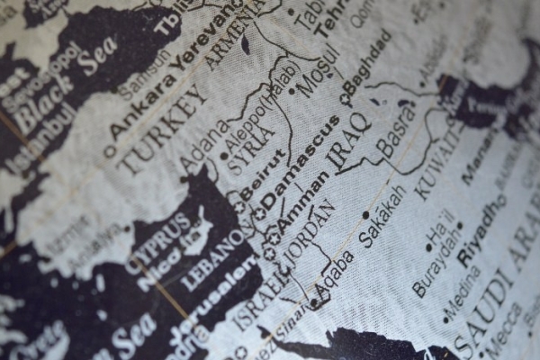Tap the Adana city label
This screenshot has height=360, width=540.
(203, 148)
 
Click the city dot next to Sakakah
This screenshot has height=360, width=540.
(364, 215)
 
